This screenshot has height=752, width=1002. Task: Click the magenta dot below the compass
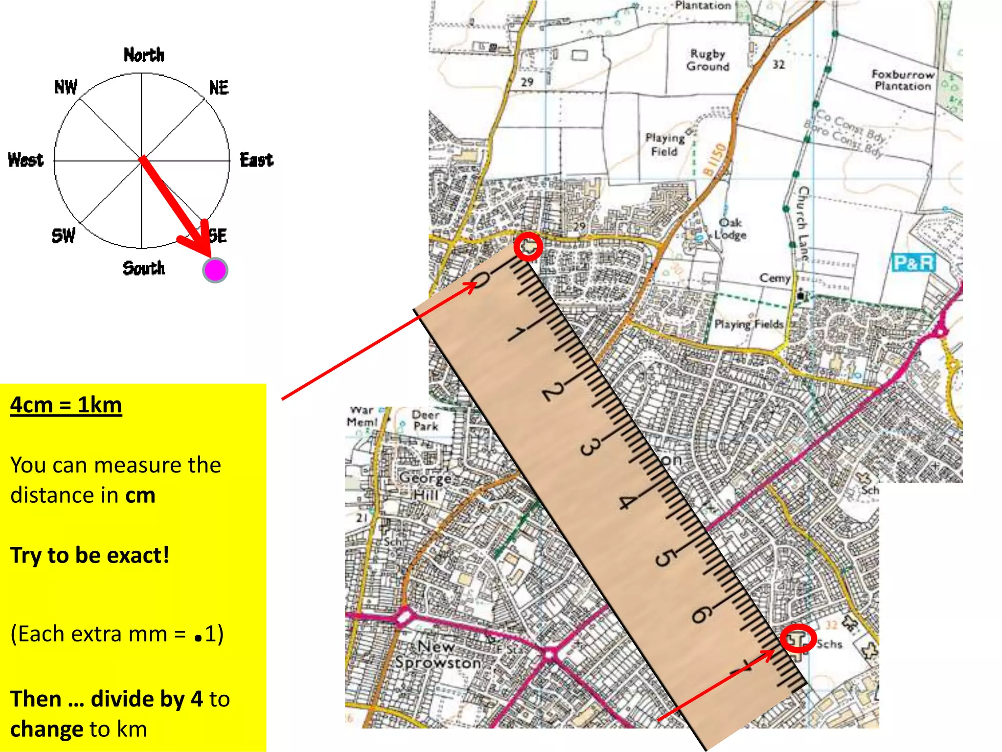(215, 270)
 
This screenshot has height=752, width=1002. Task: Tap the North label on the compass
(143, 55)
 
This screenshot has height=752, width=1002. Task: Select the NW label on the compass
(66, 87)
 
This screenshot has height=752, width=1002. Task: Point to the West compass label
(26, 160)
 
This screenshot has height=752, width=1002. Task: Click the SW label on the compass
(64, 235)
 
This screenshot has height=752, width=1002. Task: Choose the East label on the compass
(256, 160)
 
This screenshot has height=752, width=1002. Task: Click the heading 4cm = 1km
(66, 405)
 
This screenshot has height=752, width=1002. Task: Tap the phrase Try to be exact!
(90, 555)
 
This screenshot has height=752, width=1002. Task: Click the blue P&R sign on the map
(913, 263)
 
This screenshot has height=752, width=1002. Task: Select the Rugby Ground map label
(707, 60)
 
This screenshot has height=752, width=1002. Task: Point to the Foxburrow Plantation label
(903, 80)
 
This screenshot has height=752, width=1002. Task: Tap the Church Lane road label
(802, 222)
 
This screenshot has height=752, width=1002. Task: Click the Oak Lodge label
(730, 229)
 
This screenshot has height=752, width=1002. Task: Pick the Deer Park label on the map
(425, 420)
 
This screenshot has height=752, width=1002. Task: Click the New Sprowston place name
(438, 655)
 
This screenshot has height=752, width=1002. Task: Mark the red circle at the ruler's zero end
(528, 246)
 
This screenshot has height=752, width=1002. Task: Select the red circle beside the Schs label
(798, 638)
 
